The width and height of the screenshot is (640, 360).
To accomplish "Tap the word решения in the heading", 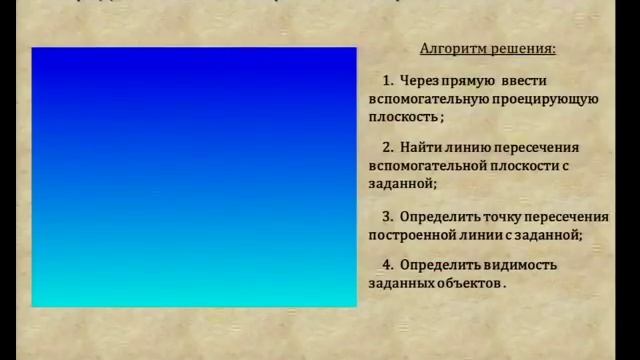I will point(521,48).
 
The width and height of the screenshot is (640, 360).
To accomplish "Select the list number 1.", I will point(387,80).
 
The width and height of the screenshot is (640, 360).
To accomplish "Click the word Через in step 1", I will point(419,80).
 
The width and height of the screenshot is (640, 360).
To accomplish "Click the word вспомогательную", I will point(428,98).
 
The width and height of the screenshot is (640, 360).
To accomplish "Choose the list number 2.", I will point(387,147).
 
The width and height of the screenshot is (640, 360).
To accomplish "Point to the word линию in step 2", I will point(471,147).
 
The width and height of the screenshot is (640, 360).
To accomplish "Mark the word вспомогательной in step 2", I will point(428,165).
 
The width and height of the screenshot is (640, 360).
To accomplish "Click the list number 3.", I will point(387,216).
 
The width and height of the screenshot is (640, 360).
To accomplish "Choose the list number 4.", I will point(387,265).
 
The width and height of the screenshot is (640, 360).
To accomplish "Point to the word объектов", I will point(469,283).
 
